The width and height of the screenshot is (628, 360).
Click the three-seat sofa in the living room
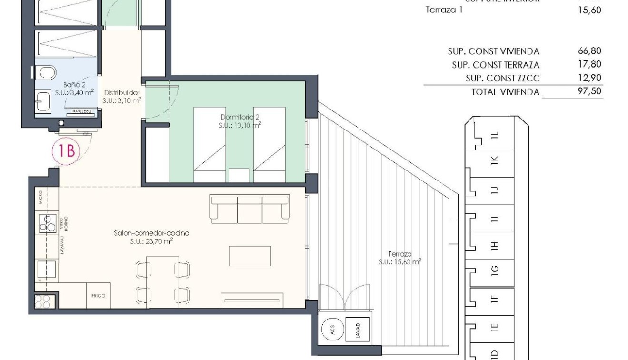(250, 209)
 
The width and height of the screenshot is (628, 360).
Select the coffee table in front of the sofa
(250, 256)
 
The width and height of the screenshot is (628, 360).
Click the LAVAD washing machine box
(358, 330)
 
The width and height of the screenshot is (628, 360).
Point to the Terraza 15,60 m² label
(400, 258)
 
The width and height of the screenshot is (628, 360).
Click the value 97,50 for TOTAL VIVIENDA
(589, 91)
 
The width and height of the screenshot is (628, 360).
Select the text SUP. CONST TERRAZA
(495, 65)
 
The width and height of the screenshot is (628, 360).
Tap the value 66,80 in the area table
(589, 51)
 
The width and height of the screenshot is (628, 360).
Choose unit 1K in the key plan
(495, 162)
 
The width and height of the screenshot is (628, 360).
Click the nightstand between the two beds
(239, 175)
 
